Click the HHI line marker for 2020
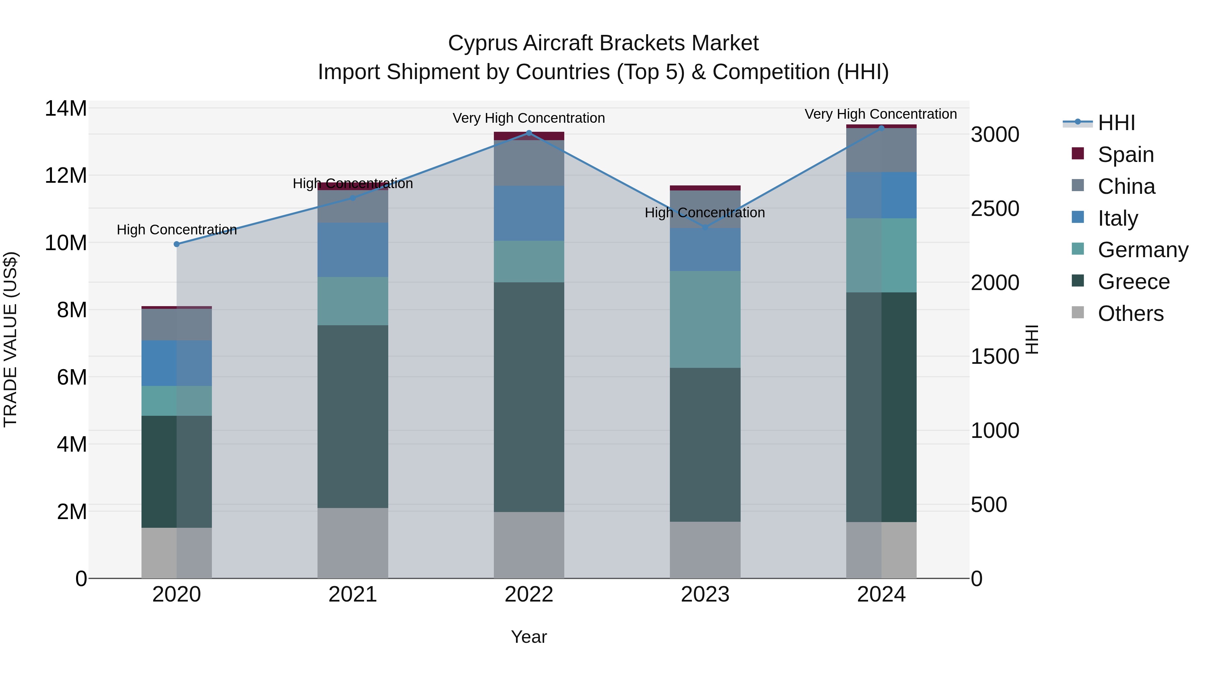point(177,244)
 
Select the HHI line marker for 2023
point(705,227)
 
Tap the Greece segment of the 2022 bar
point(529,397)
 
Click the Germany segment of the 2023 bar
point(705,319)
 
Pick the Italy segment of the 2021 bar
point(353,250)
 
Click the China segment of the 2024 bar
point(881,150)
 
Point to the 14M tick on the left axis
point(66,108)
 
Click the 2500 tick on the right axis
point(994,209)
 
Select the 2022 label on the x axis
point(529,595)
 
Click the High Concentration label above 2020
point(177,230)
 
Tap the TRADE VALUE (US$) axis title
point(10,339)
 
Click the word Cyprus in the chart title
point(482,43)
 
